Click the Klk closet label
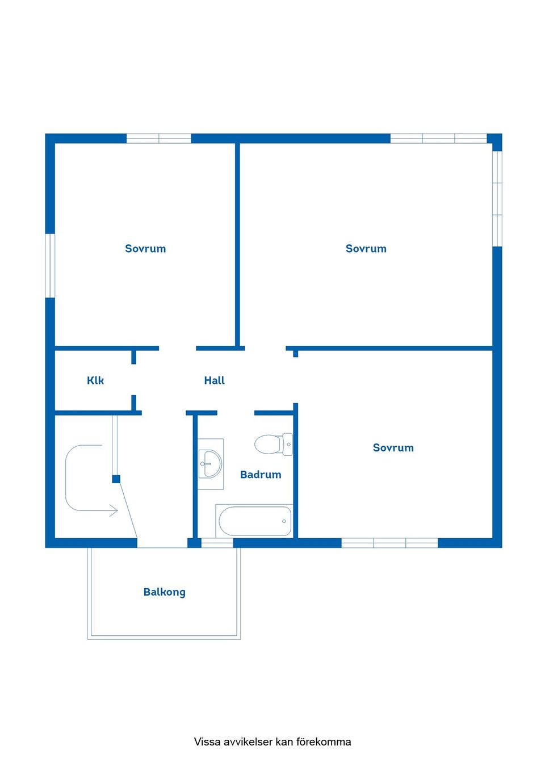coord(95,380)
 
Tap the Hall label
coord(215,380)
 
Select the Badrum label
coord(261,475)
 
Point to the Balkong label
coord(165,592)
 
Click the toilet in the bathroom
coord(274,445)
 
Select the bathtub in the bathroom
coord(254,521)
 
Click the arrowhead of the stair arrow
coord(114,511)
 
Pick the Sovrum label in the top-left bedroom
coord(145,249)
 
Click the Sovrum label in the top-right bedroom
coord(366,249)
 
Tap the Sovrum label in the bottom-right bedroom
coord(393,447)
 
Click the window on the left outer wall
coord(50,265)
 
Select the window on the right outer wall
coord(497,199)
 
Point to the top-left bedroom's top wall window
coord(158,139)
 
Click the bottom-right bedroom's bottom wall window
coord(389,543)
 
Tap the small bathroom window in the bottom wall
coord(217,543)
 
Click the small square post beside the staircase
coord(116,479)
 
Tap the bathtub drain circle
coord(284,521)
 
